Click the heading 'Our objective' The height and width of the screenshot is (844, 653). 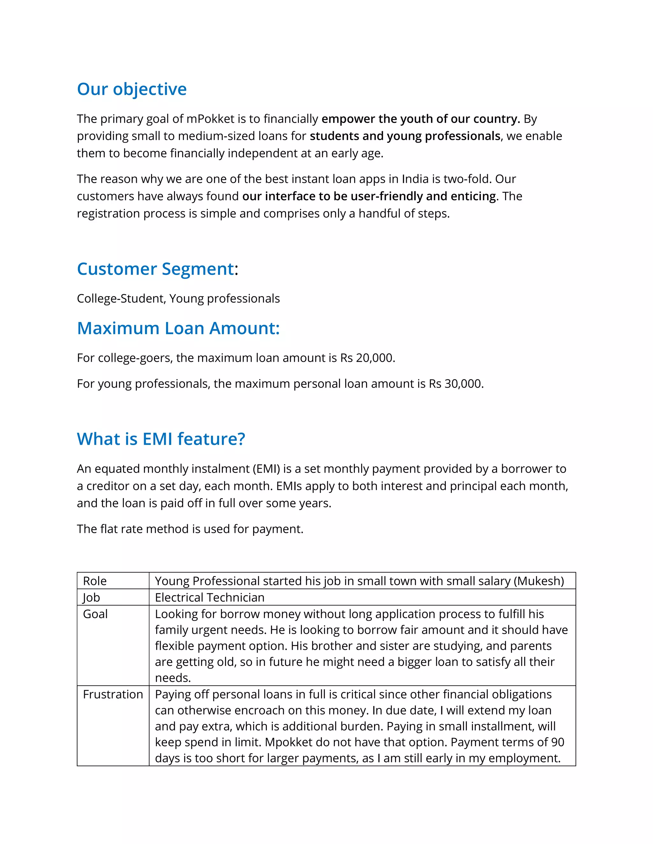pyautogui.click(x=132, y=89)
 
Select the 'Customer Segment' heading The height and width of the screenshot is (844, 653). pyautogui.click(x=156, y=269)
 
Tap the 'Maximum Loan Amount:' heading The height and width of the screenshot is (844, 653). pyautogui.click(x=178, y=328)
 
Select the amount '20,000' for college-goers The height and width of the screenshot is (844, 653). pyautogui.click(x=374, y=358)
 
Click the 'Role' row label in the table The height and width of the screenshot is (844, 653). pyautogui.click(x=95, y=581)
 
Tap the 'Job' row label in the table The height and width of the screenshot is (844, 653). pyautogui.click(x=91, y=598)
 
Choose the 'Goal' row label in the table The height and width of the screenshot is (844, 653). pyautogui.click(x=95, y=614)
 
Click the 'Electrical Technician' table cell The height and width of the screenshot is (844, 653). pyautogui.click(x=210, y=598)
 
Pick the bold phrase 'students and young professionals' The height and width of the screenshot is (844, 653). pyautogui.click(x=405, y=136)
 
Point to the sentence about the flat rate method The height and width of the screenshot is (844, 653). pyautogui.click(x=190, y=529)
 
